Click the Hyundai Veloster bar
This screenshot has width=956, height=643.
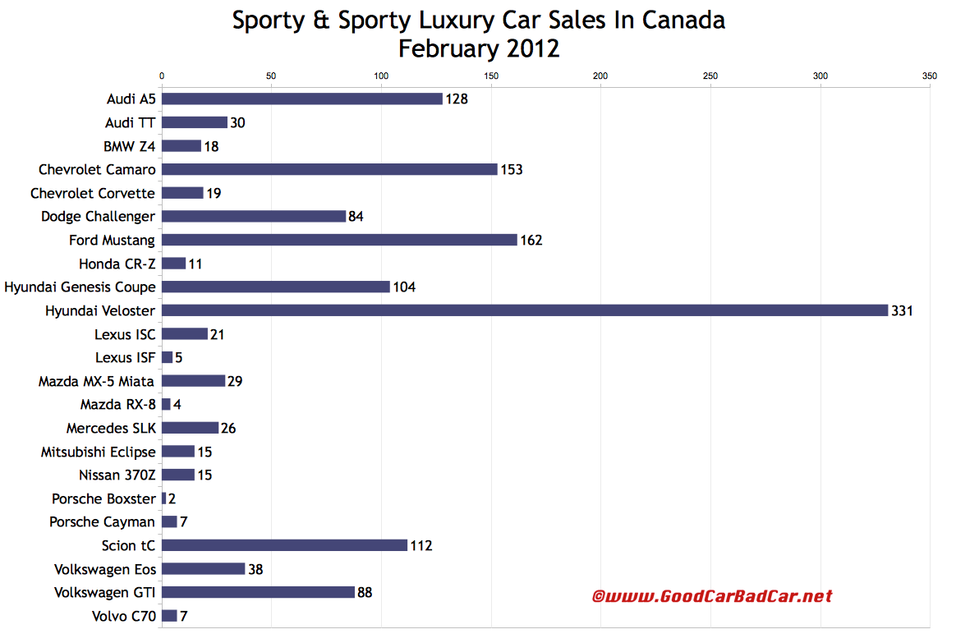click(x=525, y=310)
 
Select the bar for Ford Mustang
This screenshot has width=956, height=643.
click(x=339, y=240)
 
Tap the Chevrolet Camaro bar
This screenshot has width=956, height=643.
click(x=329, y=169)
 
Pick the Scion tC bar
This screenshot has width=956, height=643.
click(x=284, y=545)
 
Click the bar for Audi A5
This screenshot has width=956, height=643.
click(x=302, y=99)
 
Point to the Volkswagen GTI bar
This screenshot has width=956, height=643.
click(x=258, y=592)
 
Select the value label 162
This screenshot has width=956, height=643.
click(x=531, y=241)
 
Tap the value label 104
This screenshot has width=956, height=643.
click(x=404, y=287)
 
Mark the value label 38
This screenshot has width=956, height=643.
click(x=256, y=569)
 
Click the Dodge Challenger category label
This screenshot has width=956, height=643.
click(x=99, y=216)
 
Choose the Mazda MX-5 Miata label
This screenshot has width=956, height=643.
click(x=97, y=381)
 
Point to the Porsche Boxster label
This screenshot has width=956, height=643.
click(x=103, y=498)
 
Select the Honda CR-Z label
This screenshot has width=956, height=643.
click(x=117, y=264)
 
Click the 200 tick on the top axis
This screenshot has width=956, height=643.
click(x=600, y=76)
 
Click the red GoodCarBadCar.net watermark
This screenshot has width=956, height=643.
click(x=712, y=596)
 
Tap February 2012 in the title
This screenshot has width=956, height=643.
click(x=479, y=48)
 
